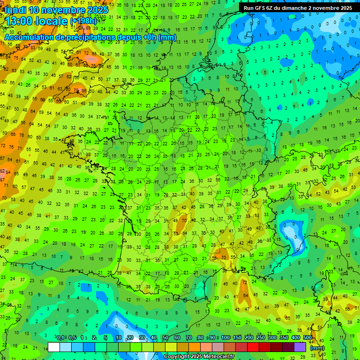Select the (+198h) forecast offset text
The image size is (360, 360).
pyautogui.click(x=83, y=21)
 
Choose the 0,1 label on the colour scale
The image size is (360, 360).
pyautogui.click(x=60, y=338)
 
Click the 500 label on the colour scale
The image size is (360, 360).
pyautogui.click(x=307, y=338)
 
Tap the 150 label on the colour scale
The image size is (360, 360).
pyautogui.click(x=237, y=338)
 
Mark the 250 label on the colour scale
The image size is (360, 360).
pyautogui.click(x=261, y=338)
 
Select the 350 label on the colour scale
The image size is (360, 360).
pyautogui.click(x=284, y=338)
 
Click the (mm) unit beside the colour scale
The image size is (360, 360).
pyautogui.click(x=317, y=348)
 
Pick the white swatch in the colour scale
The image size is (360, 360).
pyautogui.click(x=54, y=347)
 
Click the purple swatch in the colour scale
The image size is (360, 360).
pyautogui.click(x=300, y=347)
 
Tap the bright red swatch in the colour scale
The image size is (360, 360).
pyautogui.click(x=253, y=347)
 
